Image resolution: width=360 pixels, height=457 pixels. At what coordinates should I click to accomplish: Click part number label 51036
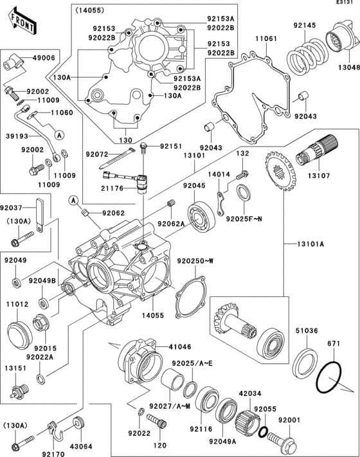306,331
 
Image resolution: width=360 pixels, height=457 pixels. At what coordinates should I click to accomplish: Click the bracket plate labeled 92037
39,215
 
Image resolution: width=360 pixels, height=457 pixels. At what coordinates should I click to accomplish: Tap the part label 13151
16,368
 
